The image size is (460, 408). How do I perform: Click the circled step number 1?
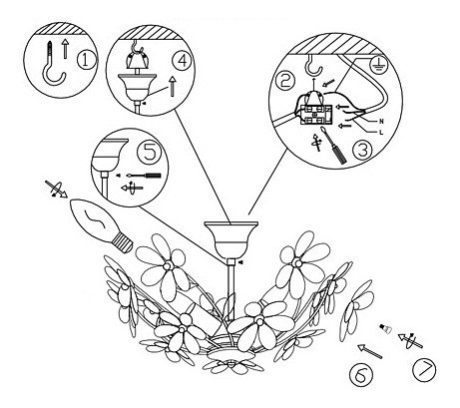(86, 60)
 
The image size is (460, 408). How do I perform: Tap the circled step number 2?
(284, 81)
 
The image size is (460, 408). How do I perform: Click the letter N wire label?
(381, 122)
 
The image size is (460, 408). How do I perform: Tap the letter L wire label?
(381, 133)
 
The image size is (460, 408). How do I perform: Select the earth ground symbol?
(376, 67)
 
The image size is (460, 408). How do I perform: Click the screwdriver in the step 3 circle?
(333, 145)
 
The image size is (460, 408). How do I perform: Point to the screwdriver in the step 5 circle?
(145, 175)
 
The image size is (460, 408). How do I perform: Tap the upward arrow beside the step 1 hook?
(66, 49)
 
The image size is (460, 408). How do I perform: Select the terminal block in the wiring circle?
(315, 114)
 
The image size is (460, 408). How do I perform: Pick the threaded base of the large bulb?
(122, 241)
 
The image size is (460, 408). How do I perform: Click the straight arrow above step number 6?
(370, 351)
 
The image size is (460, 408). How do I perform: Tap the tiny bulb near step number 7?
(386, 327)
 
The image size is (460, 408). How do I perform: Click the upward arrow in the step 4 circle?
(172, 86)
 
